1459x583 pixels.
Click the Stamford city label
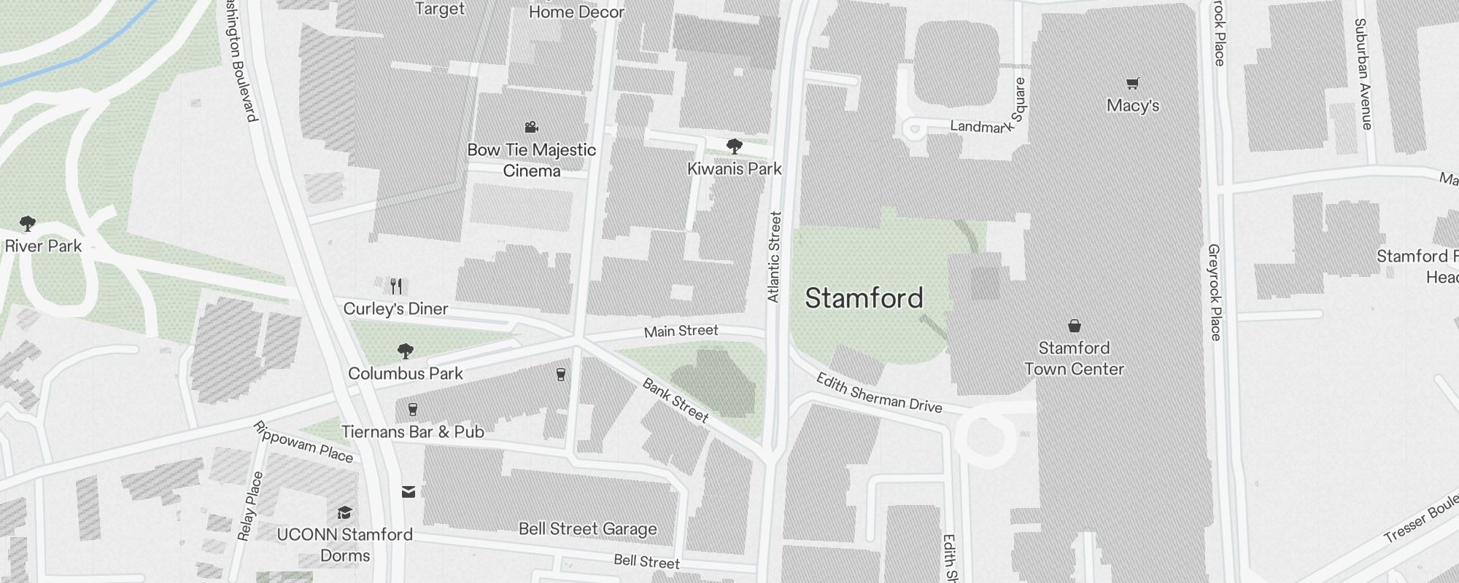[864, 298]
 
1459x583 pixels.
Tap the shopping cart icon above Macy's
[1132, 83]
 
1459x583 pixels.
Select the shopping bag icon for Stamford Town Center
[1074, 325]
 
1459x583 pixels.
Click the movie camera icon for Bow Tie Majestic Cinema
[531, 128]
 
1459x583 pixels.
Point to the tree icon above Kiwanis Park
[735, 146]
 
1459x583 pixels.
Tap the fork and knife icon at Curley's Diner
[396, 285]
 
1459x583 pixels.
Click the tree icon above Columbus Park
[406, 351]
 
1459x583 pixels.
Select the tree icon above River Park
[28, 223]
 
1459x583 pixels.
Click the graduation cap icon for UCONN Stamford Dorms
[344, 512]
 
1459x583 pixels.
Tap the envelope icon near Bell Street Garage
[409, 492]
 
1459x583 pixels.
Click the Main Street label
[681, 332]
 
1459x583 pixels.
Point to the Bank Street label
[675, 399]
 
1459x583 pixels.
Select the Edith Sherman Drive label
[878, 393]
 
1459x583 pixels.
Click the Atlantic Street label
[774, 257]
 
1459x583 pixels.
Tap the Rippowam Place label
[303, 442]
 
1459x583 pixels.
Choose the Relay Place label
[249, 506]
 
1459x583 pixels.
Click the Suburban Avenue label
[1363, 74]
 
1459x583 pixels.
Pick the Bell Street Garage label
[587, 529]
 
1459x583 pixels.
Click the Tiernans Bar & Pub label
[413, 432]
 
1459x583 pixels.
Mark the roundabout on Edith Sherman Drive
[985, 438]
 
